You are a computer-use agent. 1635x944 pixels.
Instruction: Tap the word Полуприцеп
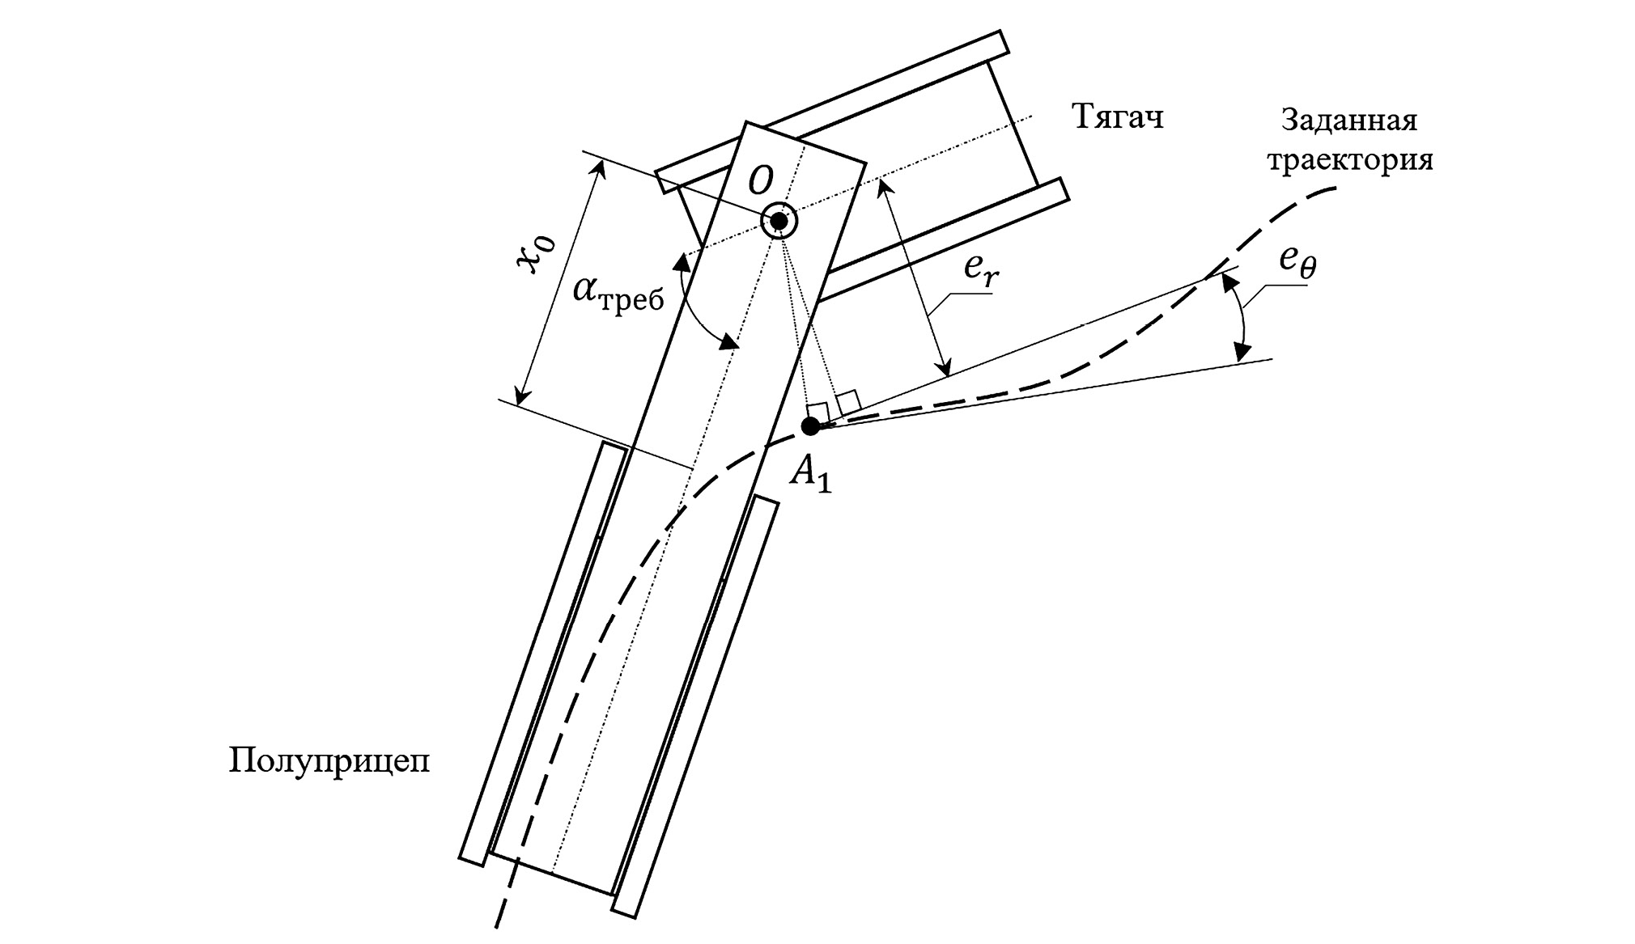coord(329,762)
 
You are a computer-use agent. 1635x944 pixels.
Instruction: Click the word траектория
coord(1349,160)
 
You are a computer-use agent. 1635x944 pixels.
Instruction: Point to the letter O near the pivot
coord(761,181)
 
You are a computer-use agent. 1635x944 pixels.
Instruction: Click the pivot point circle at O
coord(779,220)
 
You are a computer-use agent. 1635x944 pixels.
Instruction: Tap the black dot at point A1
coord(810,426)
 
